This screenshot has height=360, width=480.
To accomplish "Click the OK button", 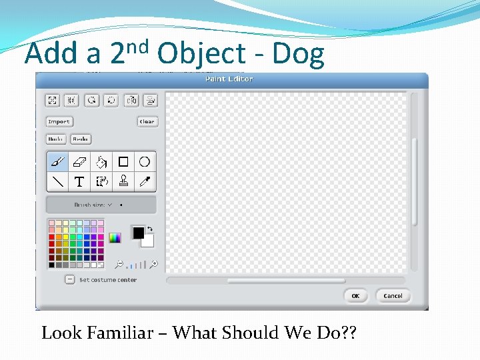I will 355,296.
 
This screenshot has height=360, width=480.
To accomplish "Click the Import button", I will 59,121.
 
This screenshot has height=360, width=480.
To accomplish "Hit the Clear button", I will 147,121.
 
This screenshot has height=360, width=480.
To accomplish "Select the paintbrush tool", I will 57,161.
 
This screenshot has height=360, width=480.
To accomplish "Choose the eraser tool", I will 79,161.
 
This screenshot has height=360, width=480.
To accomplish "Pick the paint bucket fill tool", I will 101,161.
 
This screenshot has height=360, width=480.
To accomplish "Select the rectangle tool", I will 123,161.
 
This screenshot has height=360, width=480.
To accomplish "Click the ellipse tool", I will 144,161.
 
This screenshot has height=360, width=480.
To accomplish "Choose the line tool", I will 57,181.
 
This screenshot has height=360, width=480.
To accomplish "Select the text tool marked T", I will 79,181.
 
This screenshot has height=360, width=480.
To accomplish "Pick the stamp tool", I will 123,181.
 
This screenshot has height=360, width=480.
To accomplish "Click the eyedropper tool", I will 144,181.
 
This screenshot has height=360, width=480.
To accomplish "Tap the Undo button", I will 56,139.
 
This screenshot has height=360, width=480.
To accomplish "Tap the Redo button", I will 80,139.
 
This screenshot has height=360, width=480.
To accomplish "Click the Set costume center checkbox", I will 69,279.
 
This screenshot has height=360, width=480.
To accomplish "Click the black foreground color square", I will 137,232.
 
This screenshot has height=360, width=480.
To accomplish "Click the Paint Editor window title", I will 229,79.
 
